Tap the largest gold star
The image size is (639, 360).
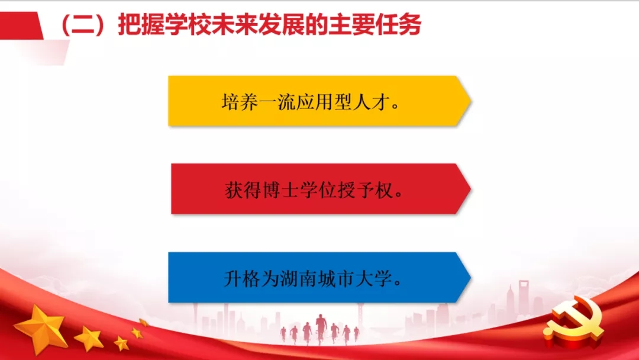pos(41,327)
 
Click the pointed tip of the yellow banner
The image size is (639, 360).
pos(469,101)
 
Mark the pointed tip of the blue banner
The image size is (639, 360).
pos(469,277)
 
